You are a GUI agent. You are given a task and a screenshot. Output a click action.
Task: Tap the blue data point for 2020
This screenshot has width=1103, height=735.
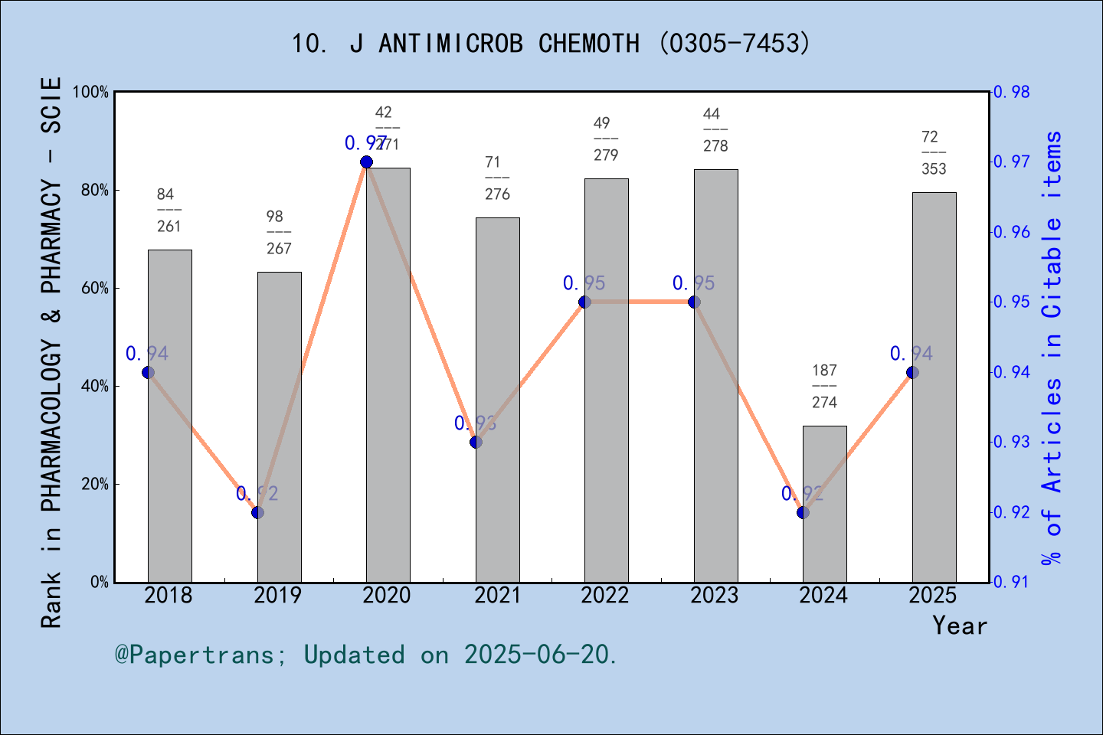pyautogui.click(x=366, y=162)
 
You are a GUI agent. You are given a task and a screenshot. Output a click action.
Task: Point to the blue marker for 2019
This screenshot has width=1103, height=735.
pyautogui.click(x=257, y=512)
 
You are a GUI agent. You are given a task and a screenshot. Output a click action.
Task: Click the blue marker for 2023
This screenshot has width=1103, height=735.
pyautogui.click(x=694, y=302)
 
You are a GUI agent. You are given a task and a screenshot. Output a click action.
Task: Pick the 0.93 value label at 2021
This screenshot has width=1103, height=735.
pyautogui.click(x=475, y=423)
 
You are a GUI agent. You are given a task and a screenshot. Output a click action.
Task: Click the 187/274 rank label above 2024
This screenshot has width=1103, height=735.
pyautogui.click(x=824, y=386)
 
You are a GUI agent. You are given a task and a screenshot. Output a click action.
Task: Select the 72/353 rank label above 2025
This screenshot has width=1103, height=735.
pyautogui.click(x=933, y=152)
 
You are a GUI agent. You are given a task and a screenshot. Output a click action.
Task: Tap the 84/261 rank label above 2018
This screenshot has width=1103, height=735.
pyautogui.click(x=169, y=210)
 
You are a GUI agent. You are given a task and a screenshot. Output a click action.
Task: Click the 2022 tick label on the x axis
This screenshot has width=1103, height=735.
pyautogui.click(x=604, y=596)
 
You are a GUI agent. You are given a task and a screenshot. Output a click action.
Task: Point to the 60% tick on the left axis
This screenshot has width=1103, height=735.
pyautogui.click(x=95, y=289)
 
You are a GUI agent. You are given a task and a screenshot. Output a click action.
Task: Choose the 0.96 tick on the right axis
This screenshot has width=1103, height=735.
pyautogui.click(x=1012, y=232)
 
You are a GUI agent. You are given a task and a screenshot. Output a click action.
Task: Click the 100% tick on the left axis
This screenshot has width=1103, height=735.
pyautogui.click(x=92, y=93)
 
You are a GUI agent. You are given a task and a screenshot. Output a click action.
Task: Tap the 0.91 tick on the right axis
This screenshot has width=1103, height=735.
pyautogui.click(x=1012, y=583)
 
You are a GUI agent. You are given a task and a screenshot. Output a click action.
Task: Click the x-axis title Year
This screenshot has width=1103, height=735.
pyautogui.click(x=959, y=626)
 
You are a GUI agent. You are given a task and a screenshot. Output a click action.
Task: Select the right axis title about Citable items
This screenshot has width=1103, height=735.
pyautogui.click(x=1052, y=348)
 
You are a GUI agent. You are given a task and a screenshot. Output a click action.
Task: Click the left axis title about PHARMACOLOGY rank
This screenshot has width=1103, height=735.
pyautogui.click(x=51, y=352)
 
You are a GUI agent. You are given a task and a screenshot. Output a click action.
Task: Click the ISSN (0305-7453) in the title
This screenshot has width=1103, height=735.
pyautogui.click(x=734, y=44)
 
